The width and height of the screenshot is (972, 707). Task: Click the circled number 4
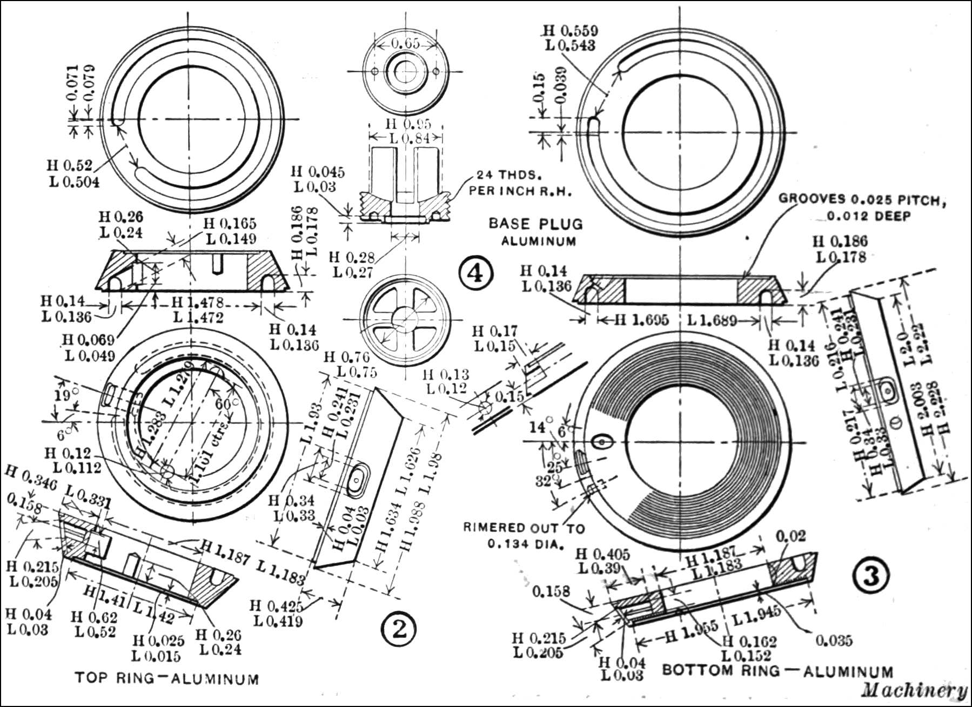476,274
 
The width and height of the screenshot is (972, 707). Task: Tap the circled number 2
399,629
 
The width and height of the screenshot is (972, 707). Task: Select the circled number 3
871,576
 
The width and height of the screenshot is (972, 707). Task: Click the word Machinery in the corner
914,690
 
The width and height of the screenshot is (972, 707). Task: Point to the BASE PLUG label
535,224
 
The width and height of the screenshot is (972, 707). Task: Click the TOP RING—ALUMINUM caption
166,678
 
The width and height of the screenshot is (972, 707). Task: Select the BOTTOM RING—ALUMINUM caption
777,671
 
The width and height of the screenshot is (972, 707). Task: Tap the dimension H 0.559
571,31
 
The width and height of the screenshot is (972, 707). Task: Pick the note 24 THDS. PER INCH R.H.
520,183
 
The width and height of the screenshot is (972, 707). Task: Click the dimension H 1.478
197,303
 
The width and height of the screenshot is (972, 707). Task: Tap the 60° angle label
223,404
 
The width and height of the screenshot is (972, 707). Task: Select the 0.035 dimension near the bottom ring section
834,641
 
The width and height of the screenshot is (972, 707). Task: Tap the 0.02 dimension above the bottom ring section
790,536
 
